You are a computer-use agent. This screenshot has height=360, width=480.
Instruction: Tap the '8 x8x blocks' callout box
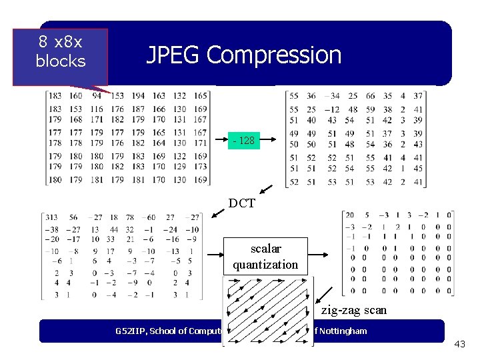click(x=60, y=52)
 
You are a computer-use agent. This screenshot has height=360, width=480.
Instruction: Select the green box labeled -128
click(x=243, y=141)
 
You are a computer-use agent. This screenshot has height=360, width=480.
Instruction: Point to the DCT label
click(x=241, y=203)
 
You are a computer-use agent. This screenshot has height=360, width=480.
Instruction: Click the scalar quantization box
click(x=265, y=256)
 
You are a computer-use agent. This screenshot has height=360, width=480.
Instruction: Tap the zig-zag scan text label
click(x=353, y=310)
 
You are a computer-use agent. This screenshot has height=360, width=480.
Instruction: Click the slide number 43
click(x=459, y=344)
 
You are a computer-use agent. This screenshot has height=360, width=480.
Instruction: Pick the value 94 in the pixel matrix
click(x=97, y=96)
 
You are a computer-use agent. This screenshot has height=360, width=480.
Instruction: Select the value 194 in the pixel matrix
click(x=138, y=96)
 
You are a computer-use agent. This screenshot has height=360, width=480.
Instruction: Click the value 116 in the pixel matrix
click(x=97, y=109)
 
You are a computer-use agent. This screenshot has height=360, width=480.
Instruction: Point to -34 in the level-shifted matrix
click(x=331, y=96)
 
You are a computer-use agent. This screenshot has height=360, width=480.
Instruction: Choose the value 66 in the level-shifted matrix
click(x=370, y=96)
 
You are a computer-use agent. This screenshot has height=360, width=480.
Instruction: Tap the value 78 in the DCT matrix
click(x=131, y=217)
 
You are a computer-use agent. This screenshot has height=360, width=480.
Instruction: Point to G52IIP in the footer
click(x=131, y=331)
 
